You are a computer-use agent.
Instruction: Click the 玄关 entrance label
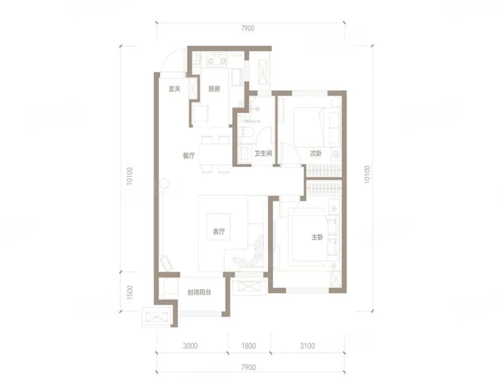(174, 89)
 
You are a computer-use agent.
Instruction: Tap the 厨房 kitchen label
(214, 89)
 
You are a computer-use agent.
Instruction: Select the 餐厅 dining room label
(189, 156)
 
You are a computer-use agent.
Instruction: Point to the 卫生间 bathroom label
(263, 153)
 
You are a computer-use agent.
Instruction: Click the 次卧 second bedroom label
(316, 153)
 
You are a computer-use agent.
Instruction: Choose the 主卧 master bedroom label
(318, 238)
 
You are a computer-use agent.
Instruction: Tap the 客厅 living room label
(218, 231)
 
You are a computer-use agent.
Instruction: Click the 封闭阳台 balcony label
(199, 292)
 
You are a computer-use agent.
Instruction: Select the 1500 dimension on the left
(130, 292)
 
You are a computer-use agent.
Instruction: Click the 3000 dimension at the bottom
(190, 346)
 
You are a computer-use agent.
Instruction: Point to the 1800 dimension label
(248, 346)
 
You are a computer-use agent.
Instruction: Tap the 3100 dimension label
(307, 346)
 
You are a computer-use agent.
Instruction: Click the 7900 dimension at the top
(248, 28)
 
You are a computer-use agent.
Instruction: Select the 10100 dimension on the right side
(367, 175)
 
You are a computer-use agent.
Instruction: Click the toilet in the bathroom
(247, 131)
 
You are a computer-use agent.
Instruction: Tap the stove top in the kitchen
(217, 59)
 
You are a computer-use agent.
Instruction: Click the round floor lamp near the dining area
(164, 183)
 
